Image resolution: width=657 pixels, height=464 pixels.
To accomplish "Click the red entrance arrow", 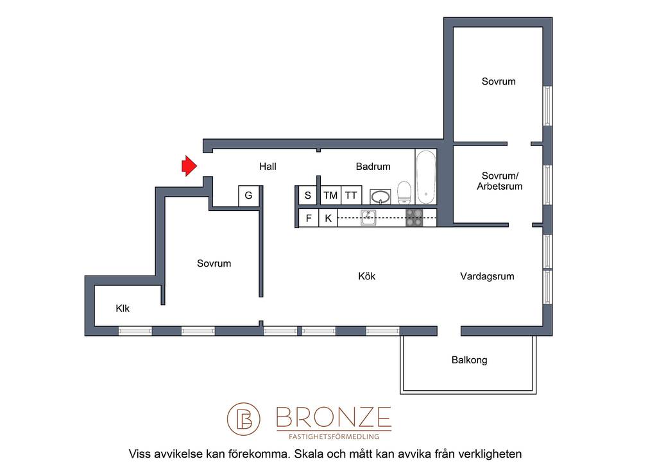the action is point(189,166).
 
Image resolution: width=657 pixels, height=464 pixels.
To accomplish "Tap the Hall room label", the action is point(268,167).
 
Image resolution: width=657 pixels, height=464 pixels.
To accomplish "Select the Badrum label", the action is point(373,167).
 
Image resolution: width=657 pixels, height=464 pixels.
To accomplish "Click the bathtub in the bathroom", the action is point(426,177).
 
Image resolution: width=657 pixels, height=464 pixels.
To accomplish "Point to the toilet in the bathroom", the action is point(404,192).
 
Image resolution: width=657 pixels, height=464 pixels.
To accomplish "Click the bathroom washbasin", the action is point(380,196).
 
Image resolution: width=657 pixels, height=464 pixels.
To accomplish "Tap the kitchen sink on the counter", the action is point(368,217).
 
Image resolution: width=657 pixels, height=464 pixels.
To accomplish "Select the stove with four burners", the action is point(414,217).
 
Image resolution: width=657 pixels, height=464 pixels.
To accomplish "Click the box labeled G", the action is point(248,196).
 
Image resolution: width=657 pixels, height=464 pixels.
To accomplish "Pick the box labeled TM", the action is point(330,195).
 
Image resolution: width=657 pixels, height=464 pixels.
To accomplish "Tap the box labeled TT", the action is point(351,195).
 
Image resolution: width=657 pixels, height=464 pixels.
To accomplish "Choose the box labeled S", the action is point(308,195).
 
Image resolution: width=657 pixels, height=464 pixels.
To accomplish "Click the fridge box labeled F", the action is point(309,218).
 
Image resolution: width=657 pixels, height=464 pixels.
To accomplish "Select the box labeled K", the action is point(328,218).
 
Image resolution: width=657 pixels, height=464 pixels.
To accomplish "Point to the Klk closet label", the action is point(123,309).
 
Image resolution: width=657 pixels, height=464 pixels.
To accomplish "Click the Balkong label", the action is point(469,360).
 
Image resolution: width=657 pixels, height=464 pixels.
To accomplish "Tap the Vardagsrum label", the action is point(487,276).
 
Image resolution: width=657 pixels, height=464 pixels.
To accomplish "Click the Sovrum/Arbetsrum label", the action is point(499,181).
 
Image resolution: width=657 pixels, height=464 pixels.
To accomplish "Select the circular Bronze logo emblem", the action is point(243,418).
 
